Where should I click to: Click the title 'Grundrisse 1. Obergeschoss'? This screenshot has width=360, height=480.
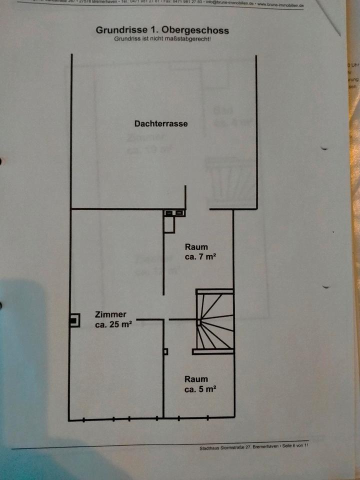[162, 30]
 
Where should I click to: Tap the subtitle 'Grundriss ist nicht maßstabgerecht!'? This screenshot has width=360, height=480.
[162, 38]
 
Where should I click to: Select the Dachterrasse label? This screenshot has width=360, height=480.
[161, 123]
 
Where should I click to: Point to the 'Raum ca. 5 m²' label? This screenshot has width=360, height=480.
[199, 384]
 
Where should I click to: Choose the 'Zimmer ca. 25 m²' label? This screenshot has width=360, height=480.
[112, 319]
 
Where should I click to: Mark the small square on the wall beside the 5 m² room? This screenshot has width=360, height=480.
[165, 351]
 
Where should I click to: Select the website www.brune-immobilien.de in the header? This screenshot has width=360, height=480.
[281, 4]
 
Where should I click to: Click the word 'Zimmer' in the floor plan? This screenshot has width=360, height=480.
[110, 314]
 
